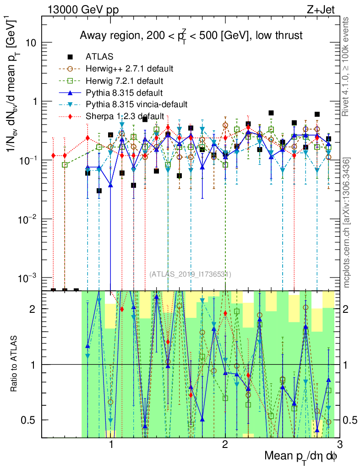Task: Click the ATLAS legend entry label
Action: pyautogui.click(x=99, y=57)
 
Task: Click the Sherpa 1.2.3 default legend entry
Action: pyautogui.click(x=125, y=116)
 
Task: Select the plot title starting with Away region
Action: pyautogui.click(x=191, y=36)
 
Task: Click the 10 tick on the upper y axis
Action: pyautogui.click(x=32, y=43)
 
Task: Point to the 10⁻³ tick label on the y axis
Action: pyautogui.click(x=28, y=278)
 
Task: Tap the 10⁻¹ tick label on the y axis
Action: pyautogui.click(x=28, y=160)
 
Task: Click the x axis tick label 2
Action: pyautogui.click(x=225, y=445)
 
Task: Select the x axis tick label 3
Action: pyautogui.click(x=339, y=445)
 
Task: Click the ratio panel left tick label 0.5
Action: pyautogui.click(x=32, y=420)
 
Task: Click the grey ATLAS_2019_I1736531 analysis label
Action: pyautogui.click(x=190, y=274)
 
